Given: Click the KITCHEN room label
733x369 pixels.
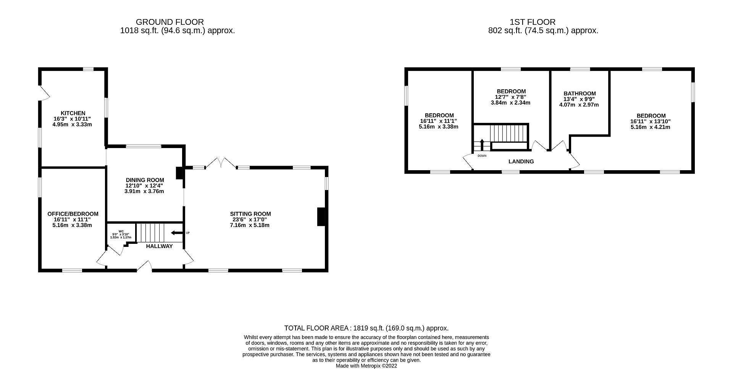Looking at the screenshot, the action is click(x=73, y=113).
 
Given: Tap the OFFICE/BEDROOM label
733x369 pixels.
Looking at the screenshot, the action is click(x=73, y=214).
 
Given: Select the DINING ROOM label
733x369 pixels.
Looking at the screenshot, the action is click(x=145, y=180).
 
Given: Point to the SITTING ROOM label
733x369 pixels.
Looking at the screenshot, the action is click(x=250, y=214).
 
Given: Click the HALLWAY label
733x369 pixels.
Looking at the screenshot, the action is click(x=160, y=246).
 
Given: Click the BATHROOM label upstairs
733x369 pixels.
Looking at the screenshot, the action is click(x=580, y=93).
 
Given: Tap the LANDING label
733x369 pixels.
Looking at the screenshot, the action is click(x=521, y=161).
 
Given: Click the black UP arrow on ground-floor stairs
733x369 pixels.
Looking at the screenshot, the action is click(x=177, y=233).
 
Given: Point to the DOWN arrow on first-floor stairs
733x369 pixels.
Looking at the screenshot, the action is click(x=482, y=145).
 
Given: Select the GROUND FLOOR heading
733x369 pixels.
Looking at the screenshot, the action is click(x=170, y=22).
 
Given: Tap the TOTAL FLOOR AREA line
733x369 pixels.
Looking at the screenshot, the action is click(x=366, y=328).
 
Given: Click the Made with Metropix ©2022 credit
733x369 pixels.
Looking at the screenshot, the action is click(x=366, y=366).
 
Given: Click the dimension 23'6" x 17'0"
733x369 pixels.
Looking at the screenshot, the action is click(x=250, y=220).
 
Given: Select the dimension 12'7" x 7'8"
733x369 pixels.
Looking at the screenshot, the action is click(x=511, y=97).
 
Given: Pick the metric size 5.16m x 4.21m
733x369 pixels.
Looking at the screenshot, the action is click(x=651, y=127).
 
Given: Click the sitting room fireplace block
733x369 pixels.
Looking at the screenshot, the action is click(x=321, y=217).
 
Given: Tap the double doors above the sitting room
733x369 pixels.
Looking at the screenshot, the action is click(x=221, y=163).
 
